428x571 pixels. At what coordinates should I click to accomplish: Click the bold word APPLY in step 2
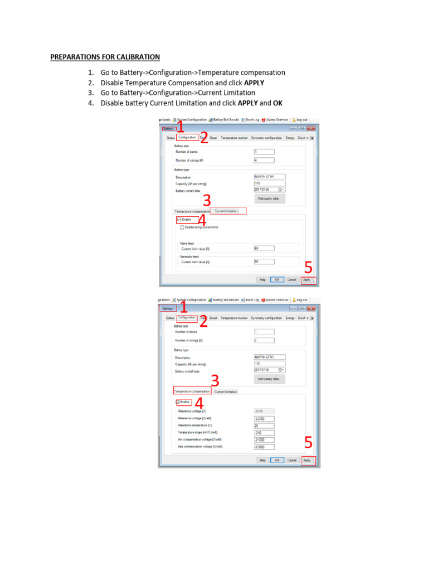(254, 83)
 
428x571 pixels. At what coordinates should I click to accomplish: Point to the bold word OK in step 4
(278, 103)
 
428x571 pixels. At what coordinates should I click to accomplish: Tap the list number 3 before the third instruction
(90, 93)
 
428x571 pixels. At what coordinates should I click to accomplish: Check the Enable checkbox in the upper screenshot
(179, 220)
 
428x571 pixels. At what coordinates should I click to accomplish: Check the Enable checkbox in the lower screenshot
(178, 402)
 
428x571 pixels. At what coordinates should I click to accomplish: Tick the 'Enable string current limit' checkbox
(182, 228)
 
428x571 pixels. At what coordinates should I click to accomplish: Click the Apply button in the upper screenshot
(307, 279)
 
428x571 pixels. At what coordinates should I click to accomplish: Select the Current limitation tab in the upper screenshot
(226, 211)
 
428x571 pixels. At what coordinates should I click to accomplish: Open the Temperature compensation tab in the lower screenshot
(192, 391)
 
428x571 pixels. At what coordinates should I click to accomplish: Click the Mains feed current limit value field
(264, 248)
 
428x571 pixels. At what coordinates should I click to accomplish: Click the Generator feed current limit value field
(264, 262)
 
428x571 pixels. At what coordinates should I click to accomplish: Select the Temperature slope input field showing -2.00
(264, 432)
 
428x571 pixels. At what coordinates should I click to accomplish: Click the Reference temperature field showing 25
(264, 425)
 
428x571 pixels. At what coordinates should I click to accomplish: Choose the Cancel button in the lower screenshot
(291, 461)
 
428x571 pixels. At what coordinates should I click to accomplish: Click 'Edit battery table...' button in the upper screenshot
(270, 199)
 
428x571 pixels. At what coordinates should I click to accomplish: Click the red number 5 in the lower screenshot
(308, 444)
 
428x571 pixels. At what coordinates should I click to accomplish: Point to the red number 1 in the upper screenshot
(181, 127)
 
